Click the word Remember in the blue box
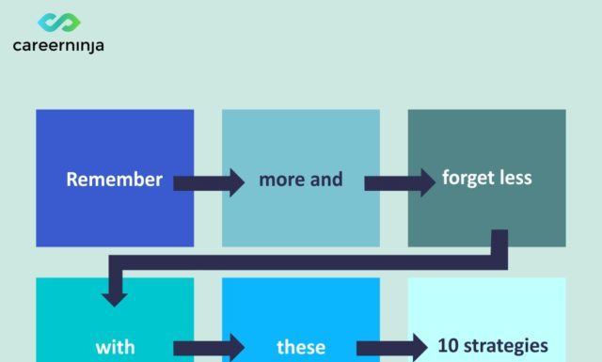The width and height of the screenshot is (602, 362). [x=114, y=180]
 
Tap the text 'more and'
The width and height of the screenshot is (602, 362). [x=300, y=179]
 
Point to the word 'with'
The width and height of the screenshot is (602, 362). [x=115, y=347]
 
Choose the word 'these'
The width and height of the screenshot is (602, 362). [x=300, y=347]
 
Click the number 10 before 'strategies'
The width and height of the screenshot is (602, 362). [x=448, y=344]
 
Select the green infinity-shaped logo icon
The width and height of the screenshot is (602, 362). [x=58, y=22]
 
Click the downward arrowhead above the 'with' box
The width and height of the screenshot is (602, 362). [x=115, y=296]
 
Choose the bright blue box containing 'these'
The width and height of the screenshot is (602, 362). [x=300, y=306]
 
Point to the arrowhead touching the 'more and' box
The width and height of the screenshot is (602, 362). [x=235, y=181]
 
